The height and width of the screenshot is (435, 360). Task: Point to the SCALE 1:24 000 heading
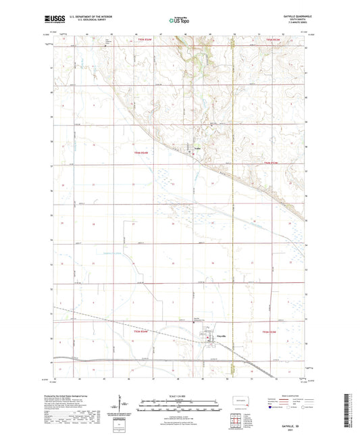point(180,395)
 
